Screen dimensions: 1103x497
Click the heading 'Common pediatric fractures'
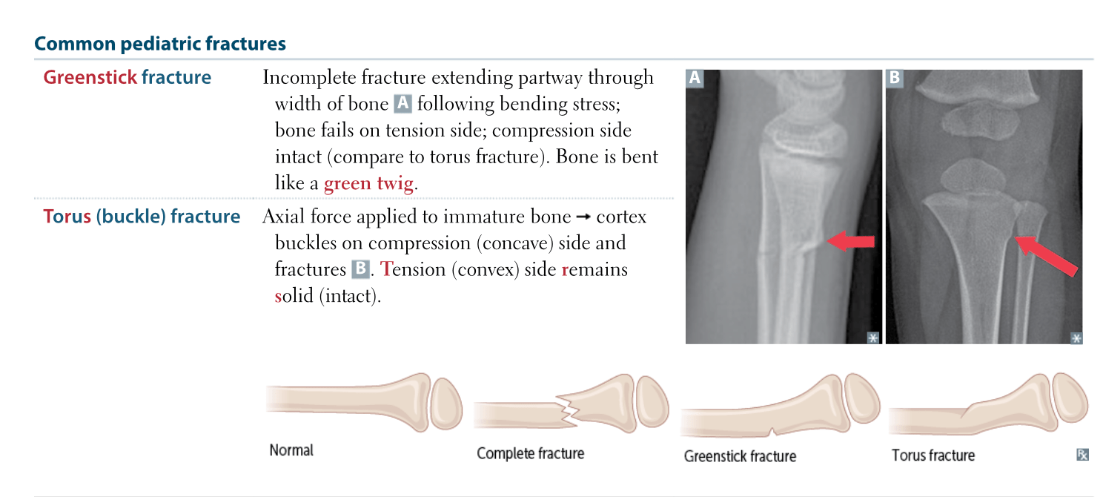click(x=160, y=44)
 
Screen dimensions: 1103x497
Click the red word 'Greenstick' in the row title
click(x=90, y=77)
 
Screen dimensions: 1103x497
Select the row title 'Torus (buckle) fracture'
click(x=142, y=217)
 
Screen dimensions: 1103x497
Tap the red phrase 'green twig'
click(x=369, y=184)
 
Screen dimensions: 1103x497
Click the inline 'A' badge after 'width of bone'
click(x=403, y=104)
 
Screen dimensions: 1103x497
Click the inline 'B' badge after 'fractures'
click(x=360, y=269)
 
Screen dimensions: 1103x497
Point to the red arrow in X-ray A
click(x=850, y=241)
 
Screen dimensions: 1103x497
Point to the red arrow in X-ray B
click(x=1047, y=256)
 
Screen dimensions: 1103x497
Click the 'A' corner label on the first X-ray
click(x=695, y=79)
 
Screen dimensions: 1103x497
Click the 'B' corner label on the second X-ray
click(x=895, y=79)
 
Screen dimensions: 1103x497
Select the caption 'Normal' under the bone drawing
click(x=291, y=450)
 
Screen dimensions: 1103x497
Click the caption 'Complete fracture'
click(x=530, y=453)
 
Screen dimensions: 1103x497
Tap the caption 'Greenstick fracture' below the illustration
click(x=740, y=456)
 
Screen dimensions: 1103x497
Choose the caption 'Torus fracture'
click(x=933, y=455)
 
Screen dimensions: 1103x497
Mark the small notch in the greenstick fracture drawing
click(x=772, y=432)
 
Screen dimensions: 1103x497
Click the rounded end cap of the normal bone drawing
click(x=446, y=404)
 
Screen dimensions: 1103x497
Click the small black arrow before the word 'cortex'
click(x=583, y=217)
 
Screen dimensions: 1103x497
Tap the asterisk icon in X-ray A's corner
click(x=873, y=338)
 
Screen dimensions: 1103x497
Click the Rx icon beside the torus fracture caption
click(x=1083, y=455)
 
